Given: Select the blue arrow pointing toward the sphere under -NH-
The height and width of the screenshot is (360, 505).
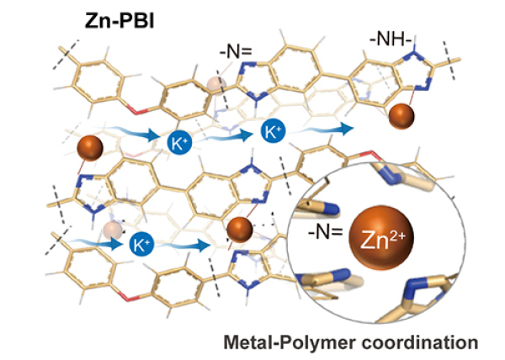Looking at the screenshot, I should (336, 128).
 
